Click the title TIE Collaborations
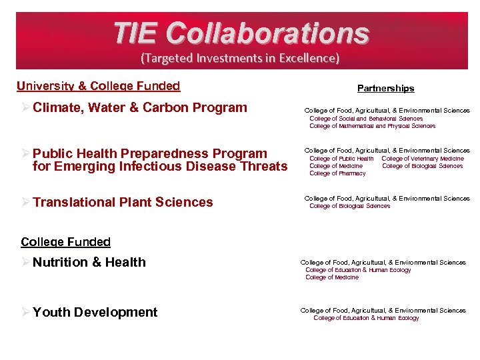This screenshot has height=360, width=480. point(241,33)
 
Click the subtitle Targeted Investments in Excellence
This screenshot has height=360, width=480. point(240,58)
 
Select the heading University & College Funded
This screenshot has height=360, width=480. point(98,85)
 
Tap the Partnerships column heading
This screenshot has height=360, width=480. point(385,88)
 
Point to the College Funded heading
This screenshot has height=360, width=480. point(65,242)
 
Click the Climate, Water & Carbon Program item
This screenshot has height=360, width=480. point(139,107)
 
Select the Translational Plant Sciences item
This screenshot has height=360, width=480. point(123,202)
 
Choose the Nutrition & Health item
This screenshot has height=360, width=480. point(89,262)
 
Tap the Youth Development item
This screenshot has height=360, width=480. point(95,312)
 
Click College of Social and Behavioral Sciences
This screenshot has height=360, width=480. point(366,119)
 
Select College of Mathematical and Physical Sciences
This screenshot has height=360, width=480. point(372,126)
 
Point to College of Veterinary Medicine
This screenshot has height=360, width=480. point(423,159)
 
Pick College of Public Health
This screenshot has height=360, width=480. point(341,159)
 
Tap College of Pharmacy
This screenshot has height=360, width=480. point(337,173)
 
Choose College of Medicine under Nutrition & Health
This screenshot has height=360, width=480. point(332,277)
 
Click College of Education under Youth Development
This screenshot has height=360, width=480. point(366,318)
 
